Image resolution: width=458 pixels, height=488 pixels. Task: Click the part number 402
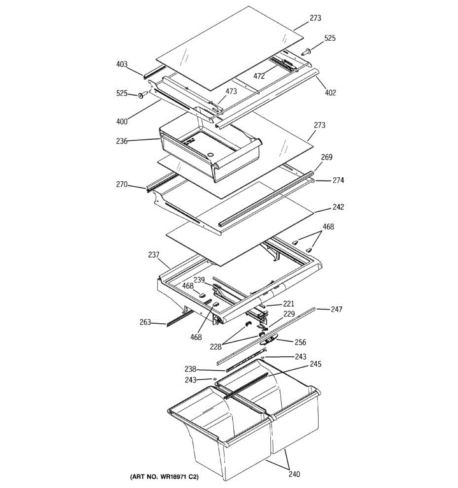coord(330,93)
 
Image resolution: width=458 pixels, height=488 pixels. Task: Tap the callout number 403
coord(122,64)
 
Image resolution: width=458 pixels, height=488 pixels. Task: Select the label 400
coord(122,121)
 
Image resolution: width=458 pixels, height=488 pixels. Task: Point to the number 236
coord(122,141)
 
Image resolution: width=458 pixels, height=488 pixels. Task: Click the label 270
coord(122,185)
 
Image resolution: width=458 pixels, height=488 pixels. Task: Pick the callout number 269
coord(327,157)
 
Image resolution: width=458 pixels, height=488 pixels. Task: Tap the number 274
coord(338,180)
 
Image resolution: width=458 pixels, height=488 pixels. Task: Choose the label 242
coord(338,207)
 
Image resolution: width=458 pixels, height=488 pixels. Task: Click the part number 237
coord(153,255)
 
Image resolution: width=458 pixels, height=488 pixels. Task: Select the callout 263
coord(145,322)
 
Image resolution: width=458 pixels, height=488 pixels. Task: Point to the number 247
coord(336,309)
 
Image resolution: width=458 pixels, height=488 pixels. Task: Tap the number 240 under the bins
coord(294,474)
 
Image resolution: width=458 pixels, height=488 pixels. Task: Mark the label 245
coord(315,364)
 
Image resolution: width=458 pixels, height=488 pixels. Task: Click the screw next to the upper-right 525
coord(307,52)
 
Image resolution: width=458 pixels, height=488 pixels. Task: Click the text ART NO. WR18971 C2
coord(164,476)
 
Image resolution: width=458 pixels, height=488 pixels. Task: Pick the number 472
coord(259,76)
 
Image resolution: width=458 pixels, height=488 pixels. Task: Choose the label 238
coord(190,369)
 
